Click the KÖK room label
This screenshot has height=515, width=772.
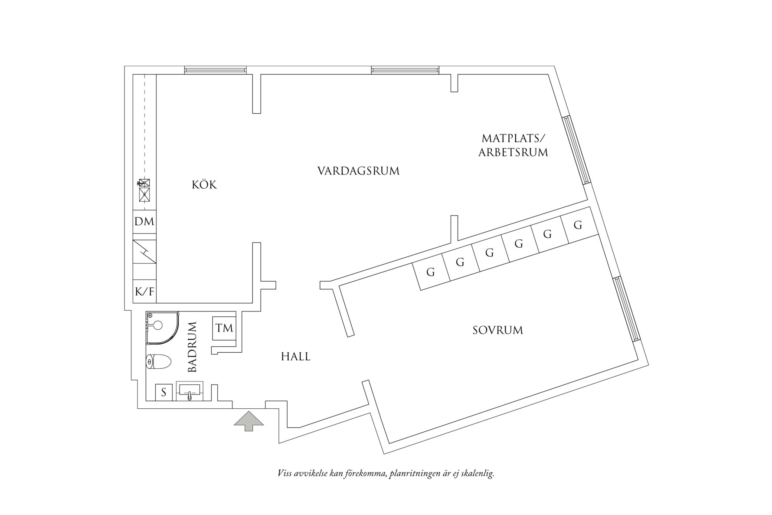(204, 185)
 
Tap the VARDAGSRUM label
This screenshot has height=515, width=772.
(358, 171)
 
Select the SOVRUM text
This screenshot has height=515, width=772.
(498, 331)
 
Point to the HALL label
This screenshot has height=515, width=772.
(295, 357)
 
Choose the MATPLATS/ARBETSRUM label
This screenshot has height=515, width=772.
(513, 146)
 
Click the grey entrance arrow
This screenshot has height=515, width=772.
(249, 421)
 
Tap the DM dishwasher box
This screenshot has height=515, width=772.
(144, 222)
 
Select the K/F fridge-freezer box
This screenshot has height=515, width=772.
(144, 292)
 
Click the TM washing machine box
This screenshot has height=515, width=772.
(224, 328)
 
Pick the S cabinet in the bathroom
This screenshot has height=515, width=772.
(164, 393)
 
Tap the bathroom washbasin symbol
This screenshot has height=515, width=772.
(190, 391)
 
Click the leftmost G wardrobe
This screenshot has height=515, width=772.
(431, 272)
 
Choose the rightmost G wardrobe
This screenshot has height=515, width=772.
(578, 226)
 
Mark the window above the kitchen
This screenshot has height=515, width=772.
(215, 69)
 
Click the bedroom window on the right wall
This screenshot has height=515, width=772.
(627, 309)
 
